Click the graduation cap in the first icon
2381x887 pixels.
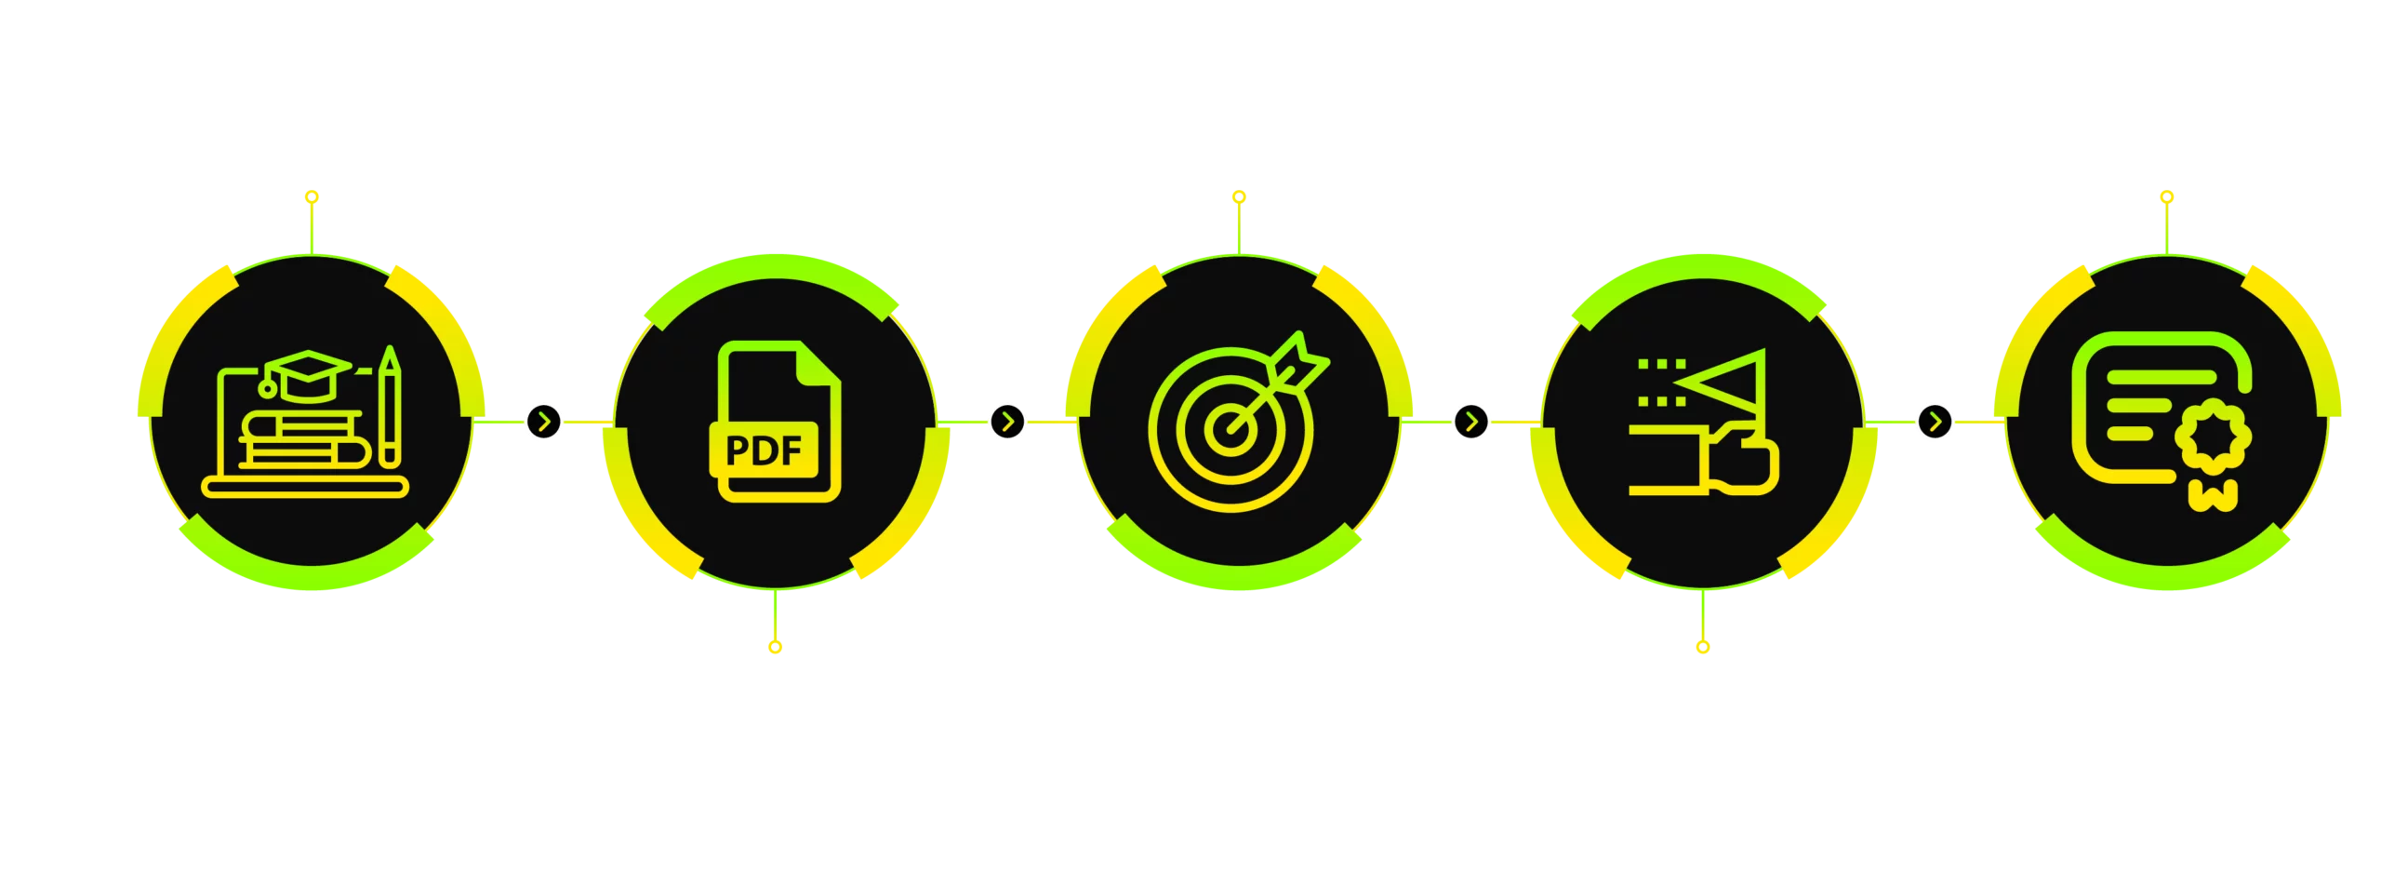pos(307,375)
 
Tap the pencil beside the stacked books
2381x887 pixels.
pos(390,407)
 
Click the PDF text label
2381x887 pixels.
pos(764,450)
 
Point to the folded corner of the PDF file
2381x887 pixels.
pos(818,363)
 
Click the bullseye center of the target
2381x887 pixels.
pos(1230,429)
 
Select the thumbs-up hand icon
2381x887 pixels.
pos(1738,457)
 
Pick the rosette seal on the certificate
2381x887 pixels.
pos(2213,434)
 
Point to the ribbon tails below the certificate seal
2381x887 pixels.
pos(2213,495)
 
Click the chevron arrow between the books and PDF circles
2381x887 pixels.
pos(544,422)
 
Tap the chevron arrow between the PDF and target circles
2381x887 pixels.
pos(1007,422)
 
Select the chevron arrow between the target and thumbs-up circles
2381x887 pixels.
pos(1471,422)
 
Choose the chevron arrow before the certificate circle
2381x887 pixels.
pos(1935,422)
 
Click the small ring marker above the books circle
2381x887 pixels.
pos(312,196)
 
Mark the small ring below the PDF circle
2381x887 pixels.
pos(775,647)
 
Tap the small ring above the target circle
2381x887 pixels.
pos(1239,196)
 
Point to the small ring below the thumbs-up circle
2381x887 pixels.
pos(1703,647)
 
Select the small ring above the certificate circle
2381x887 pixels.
pos(2167,196)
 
